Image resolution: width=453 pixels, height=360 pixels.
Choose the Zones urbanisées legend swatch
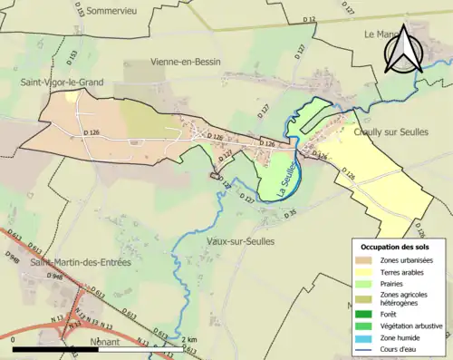tap(364, 261)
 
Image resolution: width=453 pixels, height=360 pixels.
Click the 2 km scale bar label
tap(189, 340)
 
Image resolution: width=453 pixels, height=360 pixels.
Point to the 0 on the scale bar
tap(14, 340)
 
